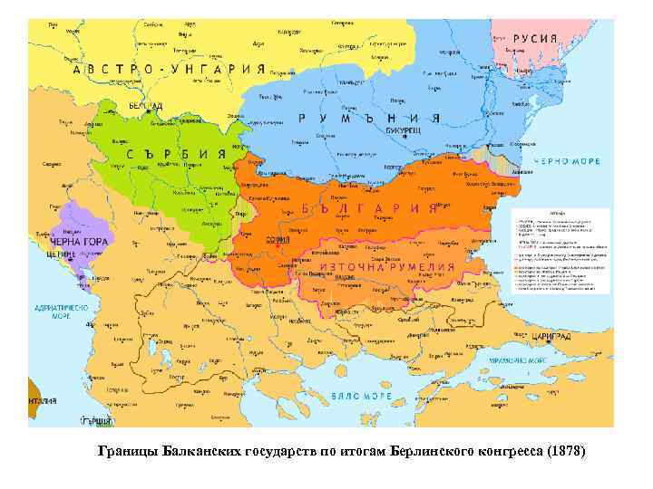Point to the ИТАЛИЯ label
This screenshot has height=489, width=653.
pyautogui.click(x=41, y=399)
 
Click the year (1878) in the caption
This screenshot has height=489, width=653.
pyautogui.click(x=566, y=450)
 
